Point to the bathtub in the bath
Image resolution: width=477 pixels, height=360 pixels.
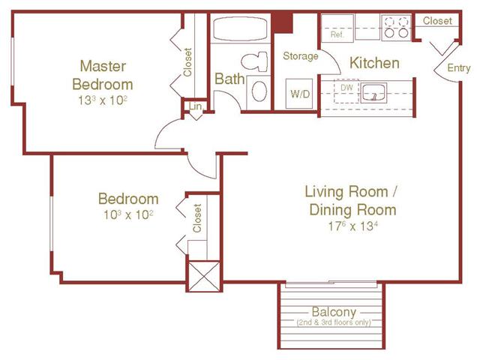tap(239, 31)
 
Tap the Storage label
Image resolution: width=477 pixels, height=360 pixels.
tap(300, 56)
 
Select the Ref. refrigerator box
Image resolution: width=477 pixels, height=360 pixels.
tap(337, 34)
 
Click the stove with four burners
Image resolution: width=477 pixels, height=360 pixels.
tap(394, 28)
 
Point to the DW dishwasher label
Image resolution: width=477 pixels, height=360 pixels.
tap(346, 87)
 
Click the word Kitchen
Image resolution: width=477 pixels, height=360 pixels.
tap(374, 63)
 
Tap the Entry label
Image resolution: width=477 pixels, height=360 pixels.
tap(459, 68)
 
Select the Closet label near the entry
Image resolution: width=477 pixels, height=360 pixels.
tap(437, 21)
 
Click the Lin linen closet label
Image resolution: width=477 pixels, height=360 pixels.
tap(195, 107)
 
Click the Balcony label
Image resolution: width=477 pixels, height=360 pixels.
tap(334, 312)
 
